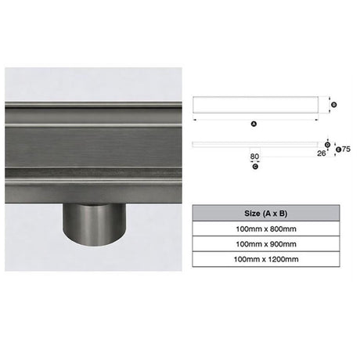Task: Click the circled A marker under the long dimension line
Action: pos(254,124)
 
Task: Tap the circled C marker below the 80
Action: pos(255,166)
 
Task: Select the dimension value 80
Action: pos(254,157)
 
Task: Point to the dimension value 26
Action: pos(322,153)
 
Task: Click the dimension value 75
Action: pos(346,149)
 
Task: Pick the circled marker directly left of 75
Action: pos(338,149)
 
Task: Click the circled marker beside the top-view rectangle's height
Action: pos(333,105)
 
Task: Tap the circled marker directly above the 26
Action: pos(328,145)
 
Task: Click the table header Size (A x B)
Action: pos(266,214)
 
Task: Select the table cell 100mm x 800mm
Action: pos(266,229)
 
